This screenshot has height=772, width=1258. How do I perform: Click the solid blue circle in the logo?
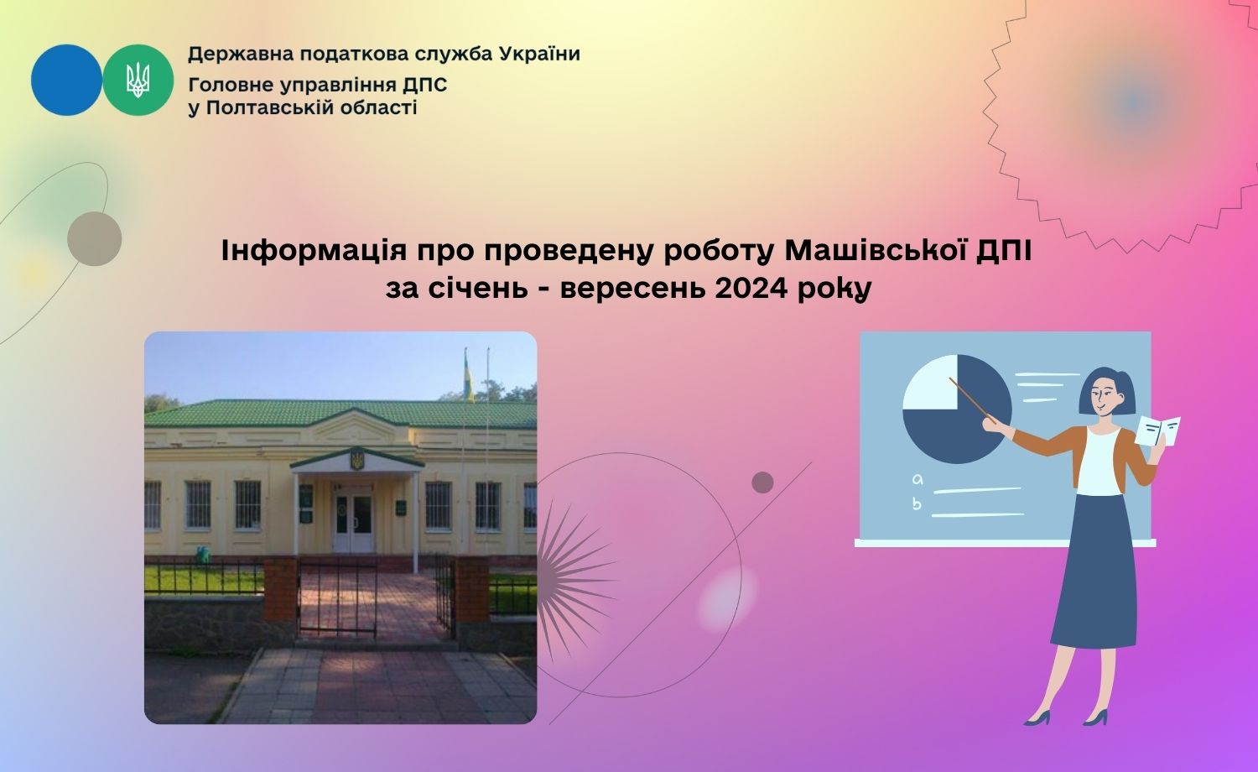click(x=67, y=81)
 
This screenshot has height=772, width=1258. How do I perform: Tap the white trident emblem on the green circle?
click(x=138, y=81)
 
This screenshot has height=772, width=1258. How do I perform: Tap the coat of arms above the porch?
click(x=356, y=458)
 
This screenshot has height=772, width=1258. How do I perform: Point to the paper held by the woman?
click(x=1158, y=431)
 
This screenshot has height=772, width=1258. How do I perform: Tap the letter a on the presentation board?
click(x=918, y=480)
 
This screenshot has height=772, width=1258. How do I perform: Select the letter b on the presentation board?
click(x=918, y=503)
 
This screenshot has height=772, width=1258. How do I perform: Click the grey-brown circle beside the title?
click(x=94, y=239)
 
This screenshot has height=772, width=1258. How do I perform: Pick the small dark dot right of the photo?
click(x=762, y=482)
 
